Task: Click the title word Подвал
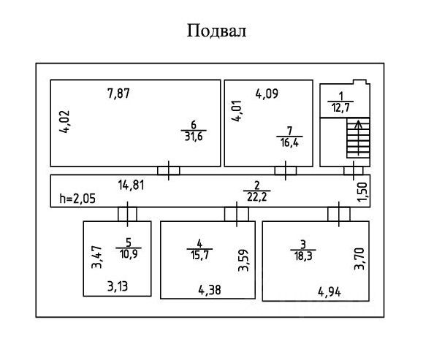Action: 217,30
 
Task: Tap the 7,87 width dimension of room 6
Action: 118,93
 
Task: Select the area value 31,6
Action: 194,136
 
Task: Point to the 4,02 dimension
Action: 65,122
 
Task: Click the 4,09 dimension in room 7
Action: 267,93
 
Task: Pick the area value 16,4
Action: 289,142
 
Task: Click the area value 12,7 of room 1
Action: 340,107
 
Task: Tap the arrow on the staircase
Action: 359,137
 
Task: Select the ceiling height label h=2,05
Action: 77,199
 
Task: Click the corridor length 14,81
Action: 132,185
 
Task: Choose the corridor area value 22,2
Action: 257,197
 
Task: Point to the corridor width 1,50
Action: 362,192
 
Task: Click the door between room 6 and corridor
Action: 169,170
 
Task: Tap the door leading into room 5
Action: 127,214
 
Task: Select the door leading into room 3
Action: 339,214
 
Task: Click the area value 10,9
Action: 129,253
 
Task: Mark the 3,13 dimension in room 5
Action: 118,286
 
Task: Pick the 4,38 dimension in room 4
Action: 210,290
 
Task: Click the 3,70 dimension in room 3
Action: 359,258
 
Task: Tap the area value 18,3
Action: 303,256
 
